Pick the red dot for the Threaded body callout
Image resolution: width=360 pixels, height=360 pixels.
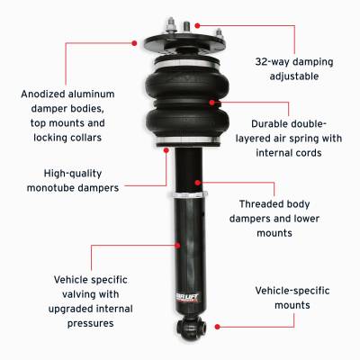coord(206,190)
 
